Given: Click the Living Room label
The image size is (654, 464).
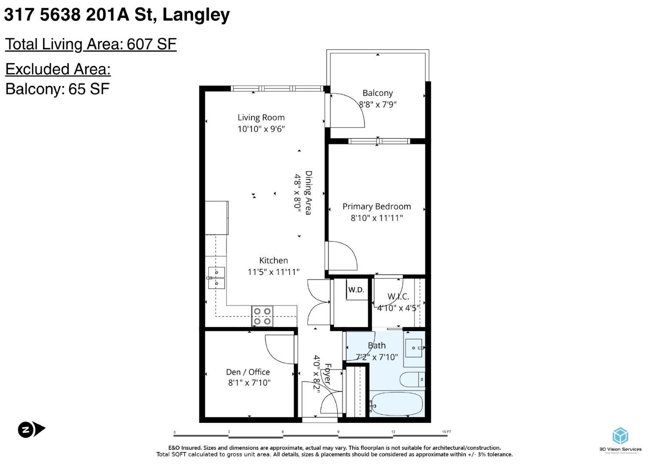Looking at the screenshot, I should (x=261, y=117).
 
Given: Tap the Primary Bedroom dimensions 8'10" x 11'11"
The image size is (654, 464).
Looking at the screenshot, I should (x=376, y=218).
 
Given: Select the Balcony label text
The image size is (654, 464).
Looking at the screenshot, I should (x=377, y=93).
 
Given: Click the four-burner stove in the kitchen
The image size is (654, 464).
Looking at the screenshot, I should (x=262, y=316).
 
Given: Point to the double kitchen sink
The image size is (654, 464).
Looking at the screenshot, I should (x=217, y=278).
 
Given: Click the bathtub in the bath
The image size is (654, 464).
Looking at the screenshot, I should (x=396, y=404).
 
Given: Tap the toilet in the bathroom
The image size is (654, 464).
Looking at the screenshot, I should (x=413, y=379).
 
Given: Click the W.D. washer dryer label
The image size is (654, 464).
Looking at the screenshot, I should (x=356, y=290).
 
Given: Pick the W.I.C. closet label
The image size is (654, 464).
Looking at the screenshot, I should (x=398, y=296).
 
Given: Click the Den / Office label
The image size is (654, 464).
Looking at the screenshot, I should (x=248, y=372).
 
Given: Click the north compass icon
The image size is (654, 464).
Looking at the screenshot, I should (x=31, y=429).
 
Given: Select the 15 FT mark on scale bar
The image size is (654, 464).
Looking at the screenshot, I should (x=446, y=432).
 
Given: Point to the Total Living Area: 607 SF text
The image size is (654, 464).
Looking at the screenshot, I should (x=91, y=44).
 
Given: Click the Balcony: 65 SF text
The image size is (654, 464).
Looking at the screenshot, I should (x=57, y=89).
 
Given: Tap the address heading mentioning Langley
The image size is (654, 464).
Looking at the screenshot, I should (x=117, y=15).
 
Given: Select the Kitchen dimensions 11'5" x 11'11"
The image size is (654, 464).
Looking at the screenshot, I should (x=273, y=272).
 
